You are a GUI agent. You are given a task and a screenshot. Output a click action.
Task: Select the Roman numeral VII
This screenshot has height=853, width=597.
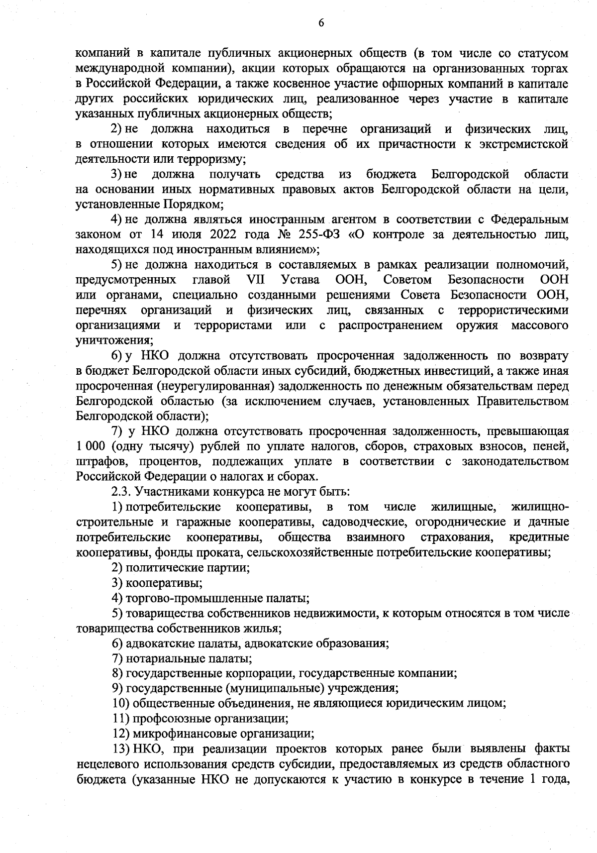pos(257,279)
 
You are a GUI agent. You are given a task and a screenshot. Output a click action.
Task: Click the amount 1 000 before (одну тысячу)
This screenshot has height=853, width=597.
pos(94,446)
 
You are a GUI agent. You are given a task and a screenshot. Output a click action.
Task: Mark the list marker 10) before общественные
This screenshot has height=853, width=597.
pos(121,704)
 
